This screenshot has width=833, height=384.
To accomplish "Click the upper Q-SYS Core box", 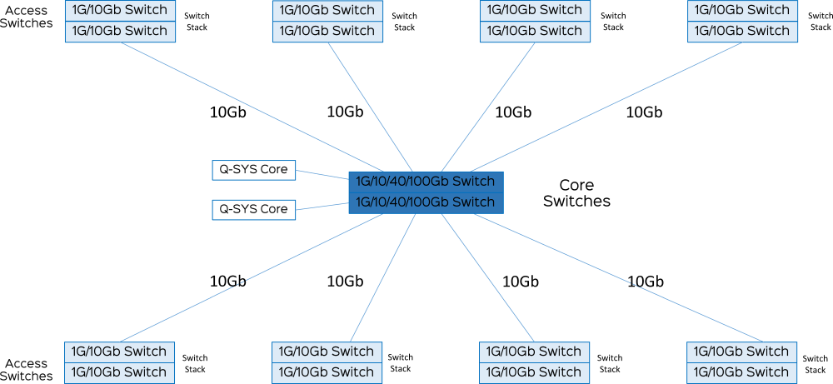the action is pyautogui.click(x=253, y=170).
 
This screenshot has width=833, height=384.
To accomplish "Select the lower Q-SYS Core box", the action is pyautogui.click(x=253, y=209).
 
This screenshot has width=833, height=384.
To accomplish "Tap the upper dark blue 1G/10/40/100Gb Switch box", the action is pyautogui.click(x=426, y=182).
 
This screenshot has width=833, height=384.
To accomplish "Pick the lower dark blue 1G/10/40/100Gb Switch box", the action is pyautogui.click(x=426, y=203).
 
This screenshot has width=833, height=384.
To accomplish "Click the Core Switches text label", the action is pyautogui.click(x=577, y=193).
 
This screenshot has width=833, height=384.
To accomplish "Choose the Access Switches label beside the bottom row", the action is pyautogui.click(x=30, y=370).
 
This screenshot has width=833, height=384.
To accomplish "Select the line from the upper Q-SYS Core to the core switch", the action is pyautogui.click(x=322, y=175).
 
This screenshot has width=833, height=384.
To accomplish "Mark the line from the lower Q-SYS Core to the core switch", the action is pyautogui.click(x=322, y=206).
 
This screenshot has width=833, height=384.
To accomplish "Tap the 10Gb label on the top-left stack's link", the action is pyautogui.click(x=228, y=112).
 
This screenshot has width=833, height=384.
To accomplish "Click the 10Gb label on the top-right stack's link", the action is pyautogui.click(x=645, y=112).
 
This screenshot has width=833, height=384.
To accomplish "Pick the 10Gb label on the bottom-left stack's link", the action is pyautogui.click(x=228, y=281).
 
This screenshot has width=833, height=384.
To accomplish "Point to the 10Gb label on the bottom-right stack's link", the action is pyautogui.click(x=646, y=281).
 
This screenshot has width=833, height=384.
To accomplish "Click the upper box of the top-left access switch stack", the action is pyautogui.click(x=120, y=10).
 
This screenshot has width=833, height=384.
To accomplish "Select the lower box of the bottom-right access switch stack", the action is pyautogui.click(x=742, y=372).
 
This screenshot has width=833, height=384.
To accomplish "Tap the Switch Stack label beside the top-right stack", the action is pyautogui.click(x=820, y=22).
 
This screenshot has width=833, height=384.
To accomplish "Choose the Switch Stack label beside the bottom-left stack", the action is pyautogui.click(x=195, y=363).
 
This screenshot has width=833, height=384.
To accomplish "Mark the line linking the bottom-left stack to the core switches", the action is pyautogui.click(x=252, y=277).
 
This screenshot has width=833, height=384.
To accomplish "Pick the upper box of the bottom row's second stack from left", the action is pyautogui.click(x=327, y=352).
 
